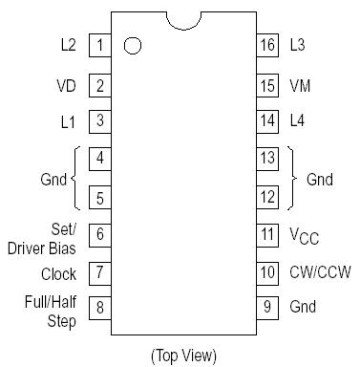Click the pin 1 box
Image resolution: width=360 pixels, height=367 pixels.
click(x=99, y=45)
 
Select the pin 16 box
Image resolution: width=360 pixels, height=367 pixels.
click(x=267, y=45)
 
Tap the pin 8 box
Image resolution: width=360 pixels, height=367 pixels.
click(x=99, y=308)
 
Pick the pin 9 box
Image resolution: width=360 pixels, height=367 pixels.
click(x=267, y=308)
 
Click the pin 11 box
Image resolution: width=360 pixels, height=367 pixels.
click(x=267, y=233)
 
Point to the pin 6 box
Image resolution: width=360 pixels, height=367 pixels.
click(x=99, y=233)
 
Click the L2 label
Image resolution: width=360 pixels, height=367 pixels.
click(x=68, y=45)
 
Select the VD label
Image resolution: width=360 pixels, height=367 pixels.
click(x=66, y=85)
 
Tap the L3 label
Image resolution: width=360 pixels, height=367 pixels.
click(x=299, y=45)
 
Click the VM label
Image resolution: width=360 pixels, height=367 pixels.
click(x=300, y=85)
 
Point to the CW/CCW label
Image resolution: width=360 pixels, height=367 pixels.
click(x=319, y=272)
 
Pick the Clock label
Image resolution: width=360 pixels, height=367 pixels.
click(x=58, y=273)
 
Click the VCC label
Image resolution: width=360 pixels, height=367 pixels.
click(x=305, y=235)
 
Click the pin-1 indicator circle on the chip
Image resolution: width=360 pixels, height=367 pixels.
click(x=133, y=45)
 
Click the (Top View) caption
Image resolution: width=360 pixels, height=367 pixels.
click(x=183, y=355)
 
